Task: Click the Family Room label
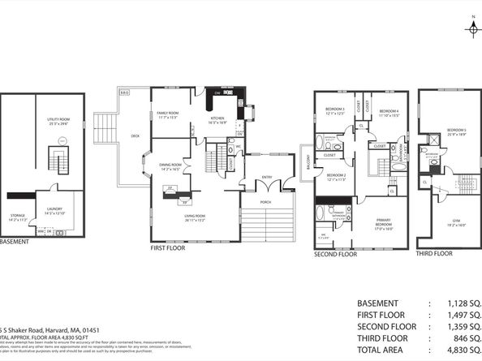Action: tap(168, 114)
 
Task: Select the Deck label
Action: tap(136, 136)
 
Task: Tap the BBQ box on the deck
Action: tap(125, 93)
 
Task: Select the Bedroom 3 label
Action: tap(336, 110)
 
